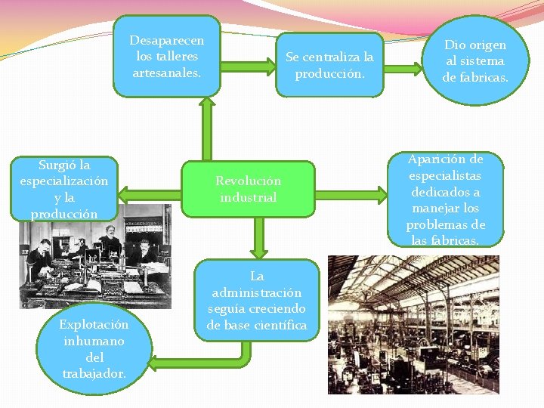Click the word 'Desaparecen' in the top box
click(x=166, y=39)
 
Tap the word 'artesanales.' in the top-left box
click(x=166, y=73)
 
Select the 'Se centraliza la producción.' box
click(x=329, y=65)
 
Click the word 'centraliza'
click(x=329, y=57)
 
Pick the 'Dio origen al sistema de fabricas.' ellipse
click(x=474, y=60)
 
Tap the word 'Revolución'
click(x=248, y=181)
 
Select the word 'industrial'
click(x=248, y=197)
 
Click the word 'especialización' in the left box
click(x=64, y=181)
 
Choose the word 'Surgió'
click(x=55, y=165)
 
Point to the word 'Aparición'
click(x=445, y=159)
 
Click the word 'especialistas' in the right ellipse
click(x=445, y=175)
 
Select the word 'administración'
click(x=257, y=292)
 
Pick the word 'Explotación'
click(x=94, y=325)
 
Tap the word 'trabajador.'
click(x=94, y=373)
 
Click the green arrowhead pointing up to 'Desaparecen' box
click(x=204, y=106)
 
